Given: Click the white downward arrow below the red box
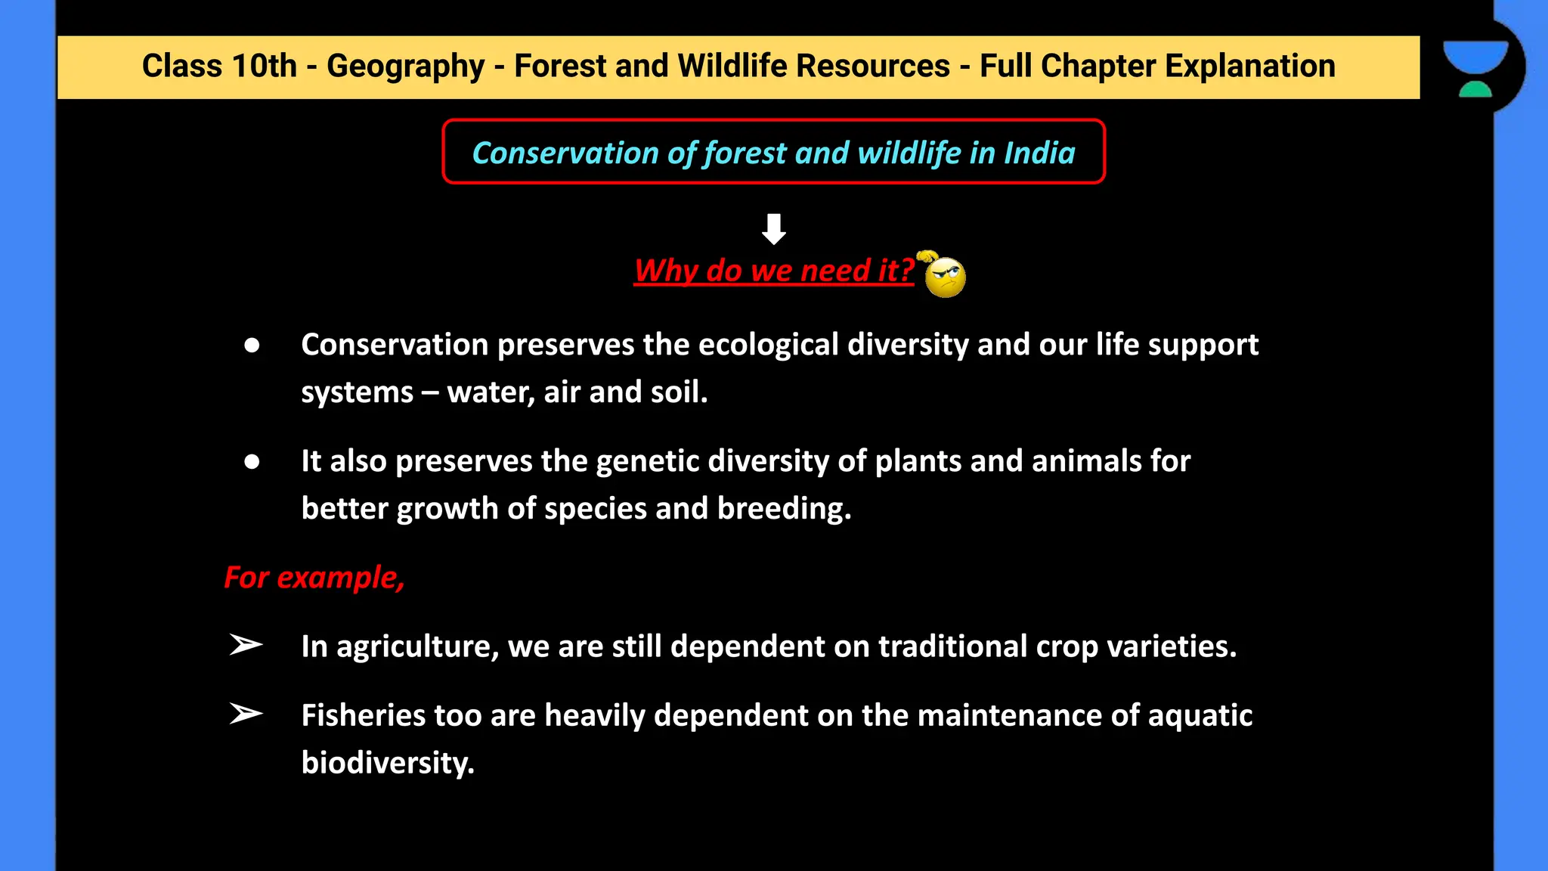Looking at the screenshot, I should [x=773, y=228].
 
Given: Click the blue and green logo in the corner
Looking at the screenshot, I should [x=1475, y=68].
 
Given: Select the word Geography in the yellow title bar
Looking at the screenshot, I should [x=405, y=67].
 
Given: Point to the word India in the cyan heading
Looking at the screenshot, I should [x=1039, y=153].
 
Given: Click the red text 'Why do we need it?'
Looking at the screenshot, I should [x=774, y=271].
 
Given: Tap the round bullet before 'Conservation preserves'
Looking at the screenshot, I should [x=252, y=346].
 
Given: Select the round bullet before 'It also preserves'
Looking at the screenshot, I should [x=252, y=462].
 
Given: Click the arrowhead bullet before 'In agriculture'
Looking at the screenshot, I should [x=246, y=645].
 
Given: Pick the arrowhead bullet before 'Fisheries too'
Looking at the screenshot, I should [x=246, y=713].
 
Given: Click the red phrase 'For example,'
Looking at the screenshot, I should [x=314, y=578].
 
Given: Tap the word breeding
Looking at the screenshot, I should [x=784, y=509].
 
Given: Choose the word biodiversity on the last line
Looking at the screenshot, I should [x=388, y=763].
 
